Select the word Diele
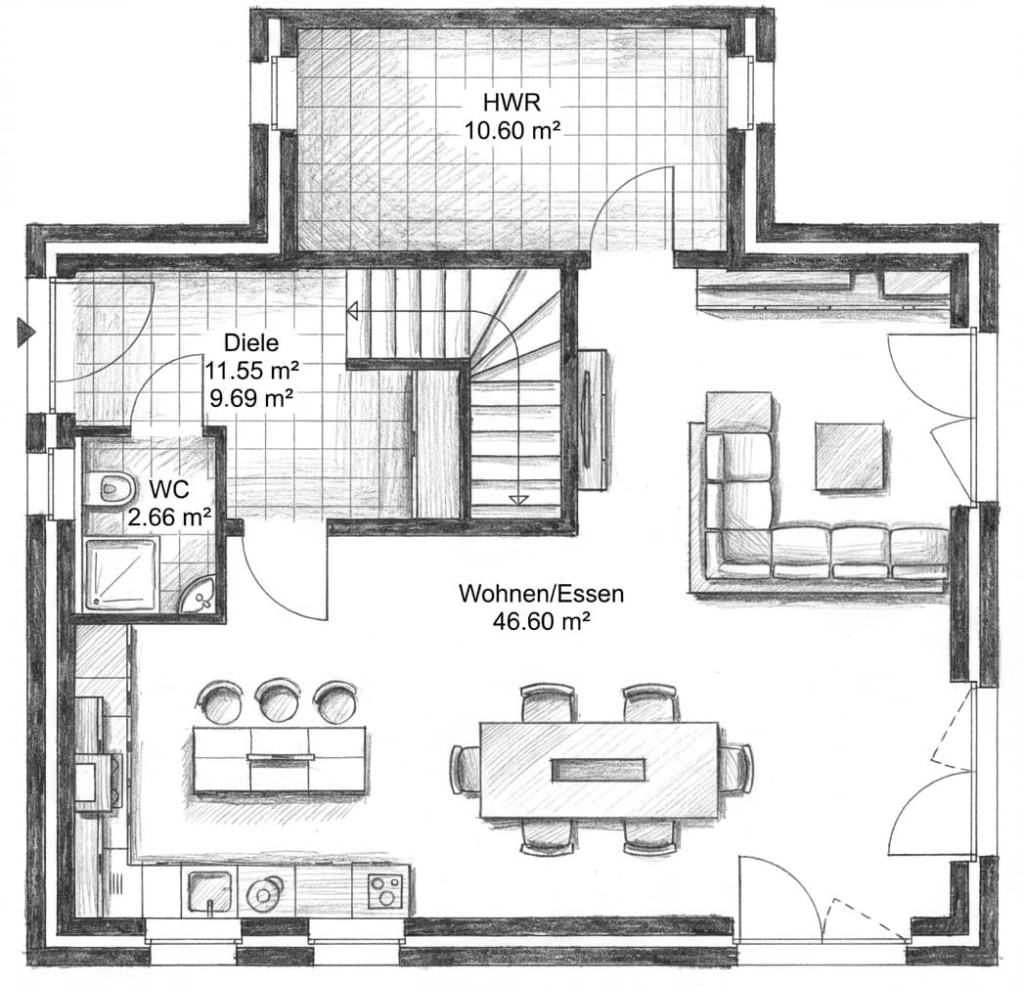[251, 343]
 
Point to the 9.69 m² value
[251, 397]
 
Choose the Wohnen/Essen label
[541, 594]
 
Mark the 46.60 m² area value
[541, 620]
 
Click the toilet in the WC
[110, 487]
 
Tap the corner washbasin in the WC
[202, 596]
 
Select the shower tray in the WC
[120, 575]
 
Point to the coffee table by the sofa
[849, 455]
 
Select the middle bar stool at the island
[278, 700]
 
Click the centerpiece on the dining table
[599, 769]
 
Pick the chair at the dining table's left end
[464, 769]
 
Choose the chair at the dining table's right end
[735, 768]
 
